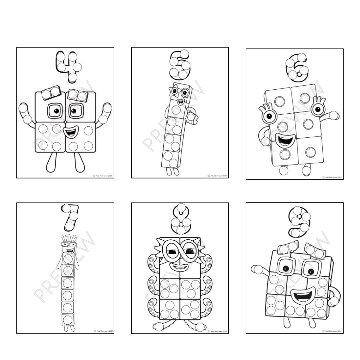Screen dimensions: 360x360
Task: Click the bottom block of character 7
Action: pyautogui.click(x=68, y=320)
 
